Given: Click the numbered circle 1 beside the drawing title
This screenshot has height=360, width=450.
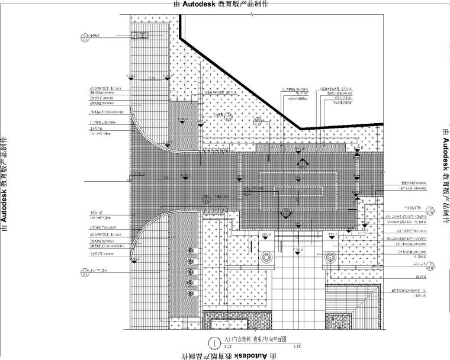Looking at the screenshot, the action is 213,342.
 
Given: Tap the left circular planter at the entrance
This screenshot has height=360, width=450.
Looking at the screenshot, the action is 266,258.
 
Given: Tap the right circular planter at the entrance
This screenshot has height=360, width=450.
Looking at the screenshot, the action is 330,258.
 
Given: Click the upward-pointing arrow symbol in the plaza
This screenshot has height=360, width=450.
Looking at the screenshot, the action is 303,163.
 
